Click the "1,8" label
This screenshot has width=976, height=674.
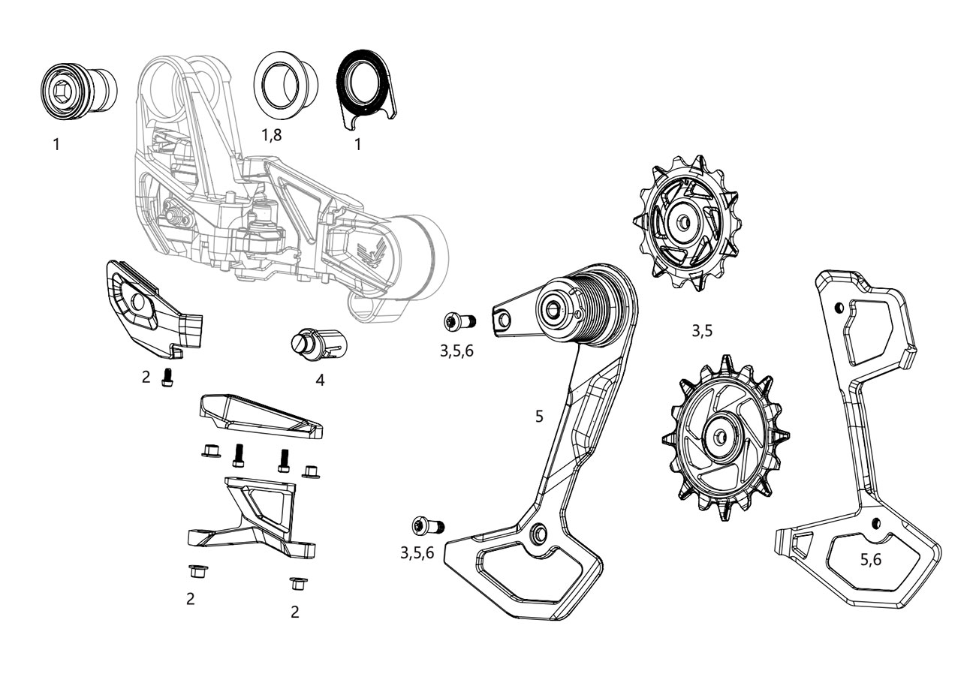[272, 135]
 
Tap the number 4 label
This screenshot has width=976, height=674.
[320, 380]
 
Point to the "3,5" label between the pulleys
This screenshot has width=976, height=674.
[701, 330]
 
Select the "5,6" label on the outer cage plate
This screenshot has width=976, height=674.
[871, 559]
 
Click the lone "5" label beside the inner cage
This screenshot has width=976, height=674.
[539, 416]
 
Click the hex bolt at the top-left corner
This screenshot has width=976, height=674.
[64, 91]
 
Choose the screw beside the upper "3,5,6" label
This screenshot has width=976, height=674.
[457, 322]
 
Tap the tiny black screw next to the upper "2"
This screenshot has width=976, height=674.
[167, 378]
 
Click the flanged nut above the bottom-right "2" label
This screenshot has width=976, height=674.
[297, 583]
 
